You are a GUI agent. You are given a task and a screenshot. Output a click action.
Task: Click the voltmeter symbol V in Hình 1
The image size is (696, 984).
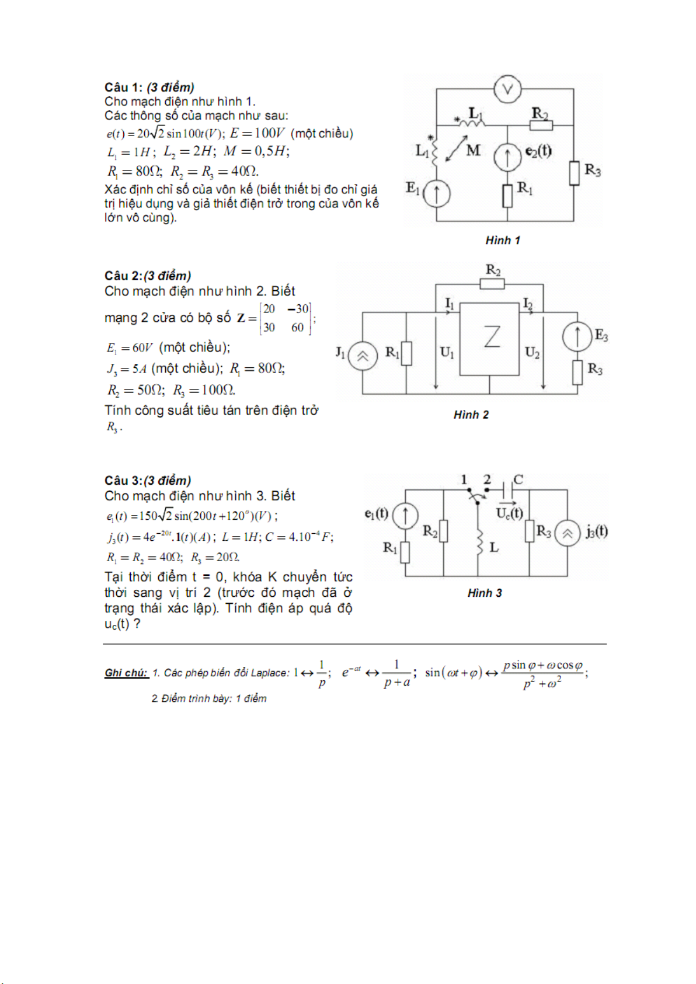(507, 89)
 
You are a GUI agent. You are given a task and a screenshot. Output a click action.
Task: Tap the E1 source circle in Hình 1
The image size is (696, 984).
(436, 193)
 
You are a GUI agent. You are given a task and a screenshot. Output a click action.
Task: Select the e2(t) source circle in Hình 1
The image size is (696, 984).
(507, 157)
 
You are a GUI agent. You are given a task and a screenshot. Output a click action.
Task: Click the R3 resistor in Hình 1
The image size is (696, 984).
(575, 173)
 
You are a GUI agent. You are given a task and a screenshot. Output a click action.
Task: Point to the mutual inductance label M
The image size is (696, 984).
(474, 151)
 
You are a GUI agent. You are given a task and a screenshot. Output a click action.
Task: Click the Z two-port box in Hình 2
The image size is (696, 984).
(489, 339)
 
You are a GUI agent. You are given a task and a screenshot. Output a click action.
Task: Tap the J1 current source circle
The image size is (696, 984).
(363, 356)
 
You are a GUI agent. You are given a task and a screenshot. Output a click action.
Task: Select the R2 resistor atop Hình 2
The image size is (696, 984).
(492, 284)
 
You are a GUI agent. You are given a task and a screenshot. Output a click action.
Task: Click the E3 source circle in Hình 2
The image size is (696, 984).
(577, 336)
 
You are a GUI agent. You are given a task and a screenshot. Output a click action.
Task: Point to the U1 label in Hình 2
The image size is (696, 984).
(447, 352)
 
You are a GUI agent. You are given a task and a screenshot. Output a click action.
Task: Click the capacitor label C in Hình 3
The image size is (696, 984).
(518, 479)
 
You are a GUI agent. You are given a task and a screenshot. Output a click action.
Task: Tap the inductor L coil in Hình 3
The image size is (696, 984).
(479, 542)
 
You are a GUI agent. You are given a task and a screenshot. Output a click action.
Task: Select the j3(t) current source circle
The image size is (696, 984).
(567, 533)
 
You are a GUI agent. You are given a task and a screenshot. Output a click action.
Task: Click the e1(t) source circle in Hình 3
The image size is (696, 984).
(405, 515)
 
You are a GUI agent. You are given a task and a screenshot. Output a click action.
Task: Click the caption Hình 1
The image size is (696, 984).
(502, 241)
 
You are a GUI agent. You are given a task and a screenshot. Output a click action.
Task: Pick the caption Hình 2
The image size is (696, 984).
(471, 415)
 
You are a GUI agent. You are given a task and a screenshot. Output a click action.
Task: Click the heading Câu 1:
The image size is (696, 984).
(123, 88)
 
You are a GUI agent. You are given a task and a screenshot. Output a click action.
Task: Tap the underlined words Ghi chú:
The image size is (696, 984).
(126, 673)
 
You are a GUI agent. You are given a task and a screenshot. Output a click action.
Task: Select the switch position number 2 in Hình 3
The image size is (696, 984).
(487, 479)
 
